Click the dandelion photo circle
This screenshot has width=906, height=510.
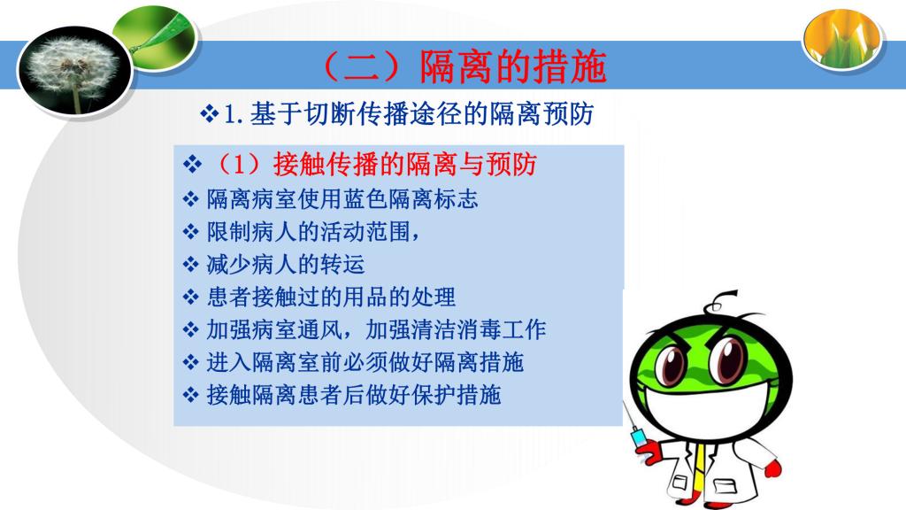click(75, 70)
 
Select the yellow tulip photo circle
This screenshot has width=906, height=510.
click(842, 38)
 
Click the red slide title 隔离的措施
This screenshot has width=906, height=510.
click(512, 66)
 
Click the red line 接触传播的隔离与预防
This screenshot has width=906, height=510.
click(404, 164)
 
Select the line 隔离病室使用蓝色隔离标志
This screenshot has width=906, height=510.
click(342, 199)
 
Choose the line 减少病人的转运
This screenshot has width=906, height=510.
click(286, 264)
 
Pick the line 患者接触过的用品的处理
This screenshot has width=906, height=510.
click(331, 297)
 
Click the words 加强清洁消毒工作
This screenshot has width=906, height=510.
click(456, 329)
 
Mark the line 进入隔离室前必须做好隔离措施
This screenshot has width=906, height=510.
click(365, 362)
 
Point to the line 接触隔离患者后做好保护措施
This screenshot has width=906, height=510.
click(354, 395)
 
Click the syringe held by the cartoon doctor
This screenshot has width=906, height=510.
click(633, 425)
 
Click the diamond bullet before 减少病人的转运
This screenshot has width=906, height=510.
click(191, 265)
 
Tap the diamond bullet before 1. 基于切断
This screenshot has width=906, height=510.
click(209, 113)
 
